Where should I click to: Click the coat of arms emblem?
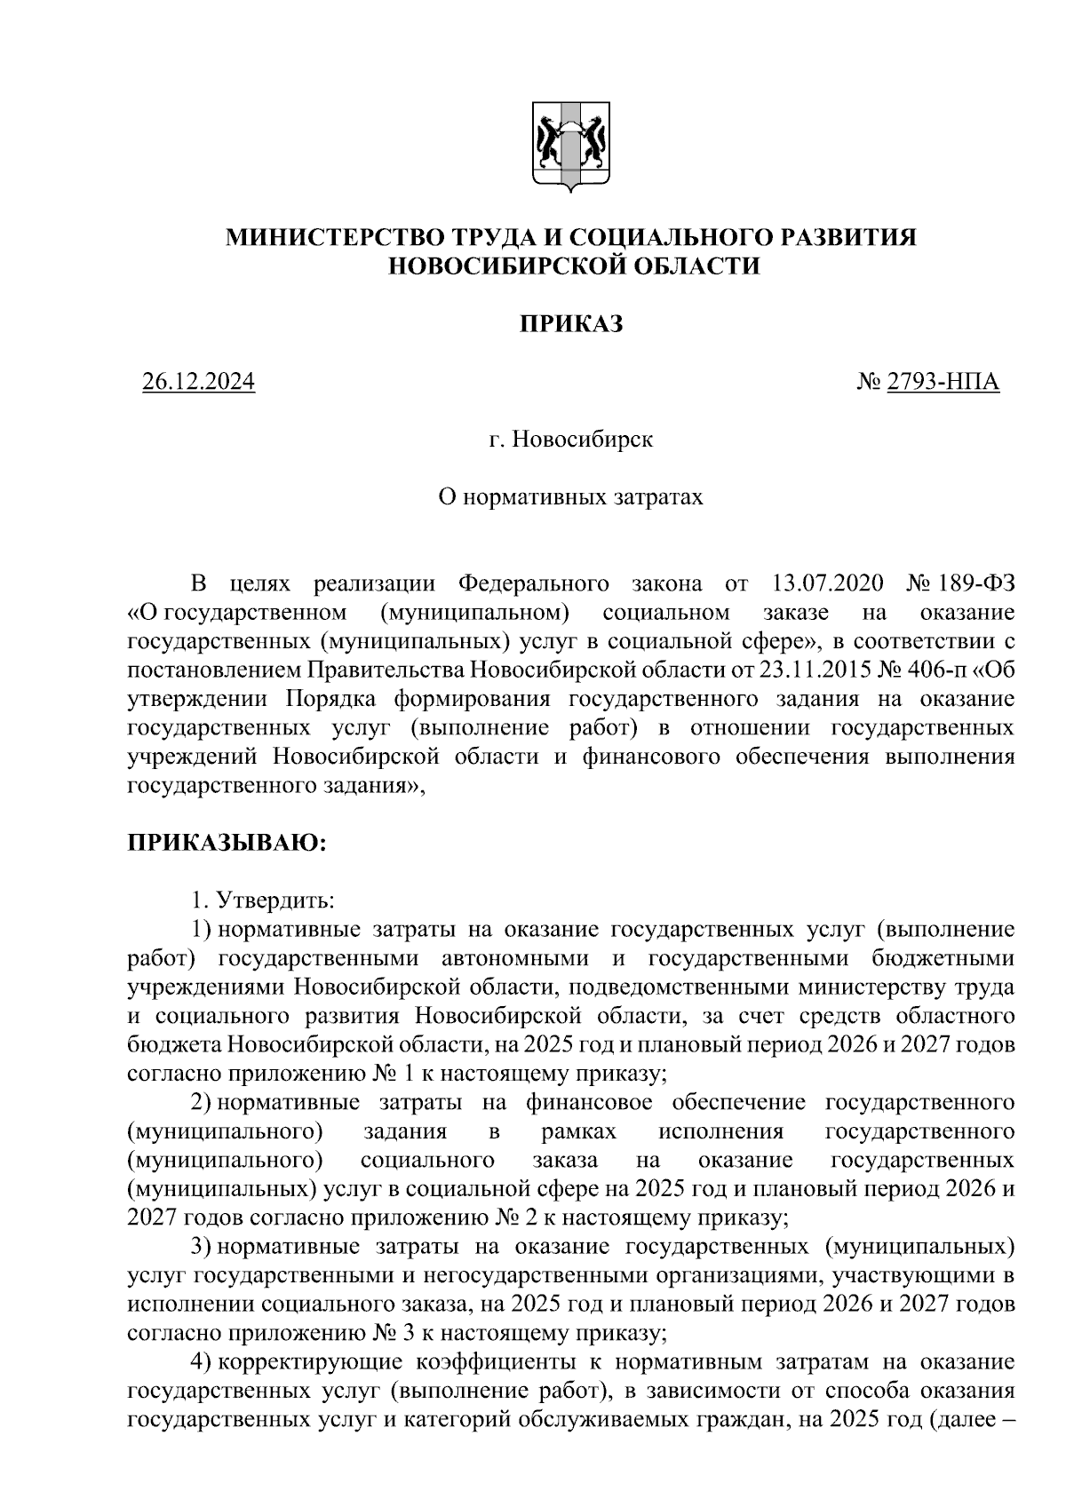click(x=570, y=147)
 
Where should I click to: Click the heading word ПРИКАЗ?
click(x=571, y=325)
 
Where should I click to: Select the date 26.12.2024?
click(x=198, y=383)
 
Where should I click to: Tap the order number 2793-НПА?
click(x=943, y=383)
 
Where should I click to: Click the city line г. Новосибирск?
click(x=571, y=440)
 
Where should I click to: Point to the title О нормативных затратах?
click(x=571, y=496)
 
